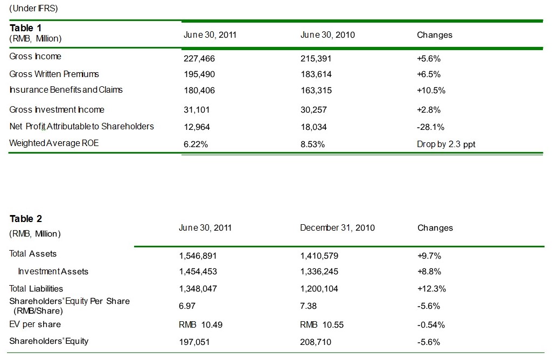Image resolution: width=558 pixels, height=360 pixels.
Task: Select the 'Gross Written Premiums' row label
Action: pos(54,74)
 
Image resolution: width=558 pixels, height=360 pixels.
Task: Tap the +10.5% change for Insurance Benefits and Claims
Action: pos(431,91)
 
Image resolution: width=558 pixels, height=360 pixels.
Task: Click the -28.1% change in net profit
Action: pos(429,127)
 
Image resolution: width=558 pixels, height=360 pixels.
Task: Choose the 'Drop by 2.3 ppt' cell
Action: pos(446,144)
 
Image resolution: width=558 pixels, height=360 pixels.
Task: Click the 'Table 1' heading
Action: pos(25,28)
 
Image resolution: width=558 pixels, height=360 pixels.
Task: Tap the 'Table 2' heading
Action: pos(25,219)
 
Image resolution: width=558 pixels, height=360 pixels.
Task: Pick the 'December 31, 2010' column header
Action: pos(337,228)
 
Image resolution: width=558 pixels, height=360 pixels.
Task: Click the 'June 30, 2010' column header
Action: pos(327,35)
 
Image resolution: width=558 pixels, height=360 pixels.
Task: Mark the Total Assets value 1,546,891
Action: pos(198,255)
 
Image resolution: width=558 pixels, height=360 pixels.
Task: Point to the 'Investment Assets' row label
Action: pos(53,272)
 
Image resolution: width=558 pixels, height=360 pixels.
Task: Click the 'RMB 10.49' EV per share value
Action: pos(201,324)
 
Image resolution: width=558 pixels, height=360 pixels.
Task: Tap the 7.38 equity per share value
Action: pos(308,306)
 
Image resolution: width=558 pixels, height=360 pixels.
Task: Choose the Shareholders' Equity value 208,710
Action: pos(316,342)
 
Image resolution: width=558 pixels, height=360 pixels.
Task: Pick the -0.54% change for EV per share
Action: pos(431,324)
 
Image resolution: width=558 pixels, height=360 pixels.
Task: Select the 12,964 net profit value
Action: pos(197,127)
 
